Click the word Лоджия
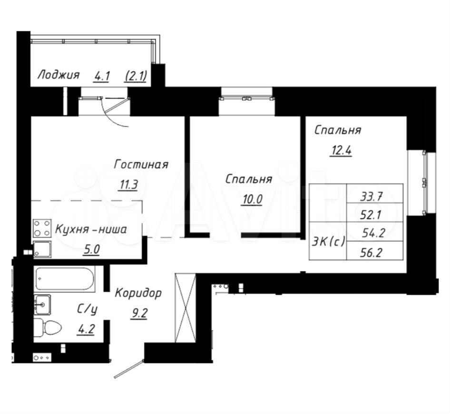coord(59,75)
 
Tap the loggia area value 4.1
coord(102,77)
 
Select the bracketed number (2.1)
coord(137,76)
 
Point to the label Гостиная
coord(141,164)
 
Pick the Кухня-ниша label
coord(91,230)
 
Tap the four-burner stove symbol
coord(42,228)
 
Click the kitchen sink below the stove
coord(42,249)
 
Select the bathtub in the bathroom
coord(65,279)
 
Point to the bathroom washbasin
coord(42,304)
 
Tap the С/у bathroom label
coord(87,309)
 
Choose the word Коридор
coord(138,293)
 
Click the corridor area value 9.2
coord(139,313)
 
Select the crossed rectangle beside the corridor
coord(186,308)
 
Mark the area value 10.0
coord(252,199)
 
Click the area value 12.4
coord(341,151)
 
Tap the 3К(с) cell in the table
coord(328,242)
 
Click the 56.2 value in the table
coord(371,253)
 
